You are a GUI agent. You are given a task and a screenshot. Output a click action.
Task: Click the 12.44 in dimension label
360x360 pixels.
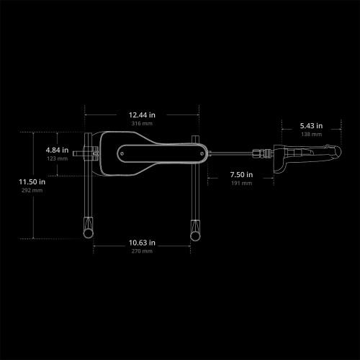[142, 115]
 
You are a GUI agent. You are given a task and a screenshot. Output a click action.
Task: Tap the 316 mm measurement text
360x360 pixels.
[142, 123]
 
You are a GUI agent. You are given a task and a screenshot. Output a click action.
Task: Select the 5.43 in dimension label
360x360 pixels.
[311, 126]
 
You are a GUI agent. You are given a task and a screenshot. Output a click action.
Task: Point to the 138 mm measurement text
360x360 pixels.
[312, 134]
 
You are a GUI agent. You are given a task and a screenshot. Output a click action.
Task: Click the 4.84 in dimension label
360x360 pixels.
[57, 150]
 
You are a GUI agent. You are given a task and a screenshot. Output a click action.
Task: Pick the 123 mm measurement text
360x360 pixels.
[57, 158]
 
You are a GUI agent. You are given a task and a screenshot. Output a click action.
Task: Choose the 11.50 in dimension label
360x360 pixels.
[32, 182]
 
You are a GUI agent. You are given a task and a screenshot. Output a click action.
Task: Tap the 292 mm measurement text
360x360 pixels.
[32, 190]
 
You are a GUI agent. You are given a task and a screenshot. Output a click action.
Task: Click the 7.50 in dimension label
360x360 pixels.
[241, 175]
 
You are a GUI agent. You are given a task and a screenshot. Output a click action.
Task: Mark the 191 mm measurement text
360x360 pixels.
[241, 183]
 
